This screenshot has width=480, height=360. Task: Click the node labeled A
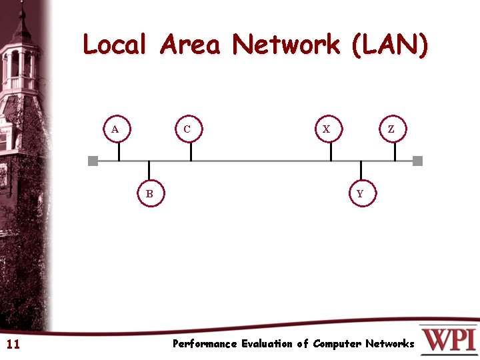pos(116,129)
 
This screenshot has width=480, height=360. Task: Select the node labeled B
pos(150,194)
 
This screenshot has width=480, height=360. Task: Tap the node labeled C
pos(187,129)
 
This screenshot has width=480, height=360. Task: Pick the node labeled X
pos(327,129)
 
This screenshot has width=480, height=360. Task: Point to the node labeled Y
pos(361,194)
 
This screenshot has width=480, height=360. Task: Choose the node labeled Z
pos(391,129)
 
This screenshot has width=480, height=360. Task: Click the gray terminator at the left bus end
pos(93,161)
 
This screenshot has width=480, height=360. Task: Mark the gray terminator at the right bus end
pos(418,161)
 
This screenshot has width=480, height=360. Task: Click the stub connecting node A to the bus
pos(119,151)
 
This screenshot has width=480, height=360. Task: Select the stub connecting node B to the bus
pos(149,171)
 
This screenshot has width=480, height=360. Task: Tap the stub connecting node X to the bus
pos(331,151)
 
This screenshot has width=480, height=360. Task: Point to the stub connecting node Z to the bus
pos(395,151)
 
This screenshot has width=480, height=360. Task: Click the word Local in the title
pos(114,45)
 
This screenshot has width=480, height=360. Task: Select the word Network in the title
pos(285,45)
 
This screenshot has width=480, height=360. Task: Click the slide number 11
pos(13,345)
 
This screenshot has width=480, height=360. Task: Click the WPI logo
pos(448,339)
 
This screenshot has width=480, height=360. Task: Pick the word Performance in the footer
pos(205,344)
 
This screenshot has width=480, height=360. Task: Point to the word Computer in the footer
pos(337,344)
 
